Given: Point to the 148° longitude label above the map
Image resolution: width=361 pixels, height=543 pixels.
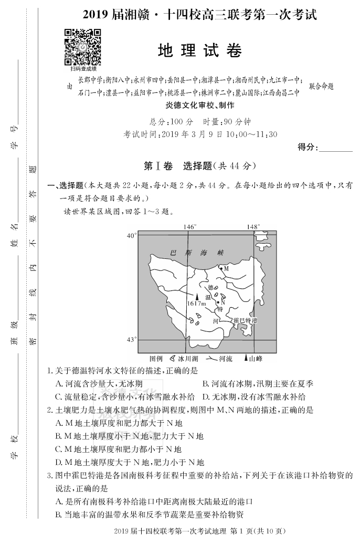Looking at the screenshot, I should pos(253,227).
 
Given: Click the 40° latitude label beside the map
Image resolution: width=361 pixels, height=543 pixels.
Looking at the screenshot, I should pos(131,236).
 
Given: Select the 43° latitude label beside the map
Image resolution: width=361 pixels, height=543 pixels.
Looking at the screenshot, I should pos(131,340).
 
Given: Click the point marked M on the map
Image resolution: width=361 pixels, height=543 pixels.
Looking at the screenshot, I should pos(221,268).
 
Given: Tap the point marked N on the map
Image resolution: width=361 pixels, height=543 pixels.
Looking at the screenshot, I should pos(217,302).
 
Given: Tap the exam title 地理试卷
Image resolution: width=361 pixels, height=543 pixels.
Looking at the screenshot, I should pos(200,51).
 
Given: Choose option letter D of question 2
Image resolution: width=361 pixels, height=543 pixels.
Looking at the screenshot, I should pos(58,462).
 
